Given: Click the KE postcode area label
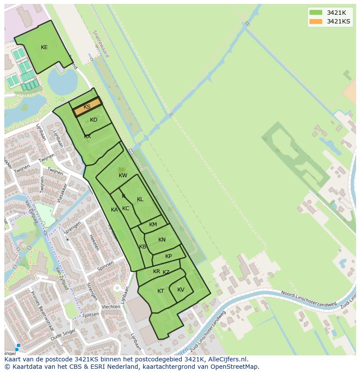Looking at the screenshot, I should coord(44,47).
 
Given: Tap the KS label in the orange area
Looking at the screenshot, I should coord(87,107).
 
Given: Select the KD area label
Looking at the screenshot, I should coord(93,120).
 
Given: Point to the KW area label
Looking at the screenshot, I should coord(123,175).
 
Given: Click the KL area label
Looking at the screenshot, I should coord(140,199).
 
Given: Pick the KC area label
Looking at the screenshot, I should coord(126,209).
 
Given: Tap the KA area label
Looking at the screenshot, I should coord(114,210).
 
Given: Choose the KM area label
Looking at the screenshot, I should coord(153,225).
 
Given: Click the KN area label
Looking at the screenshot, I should coord(162,240).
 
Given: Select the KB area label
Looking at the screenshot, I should coord(143,247).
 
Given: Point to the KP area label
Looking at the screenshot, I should coord(168,256).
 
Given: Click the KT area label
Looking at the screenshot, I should coord(161,291).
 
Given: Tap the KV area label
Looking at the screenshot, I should coord(181,290).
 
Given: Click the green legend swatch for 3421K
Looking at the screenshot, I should coord(316,13).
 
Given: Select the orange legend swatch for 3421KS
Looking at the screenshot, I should coord(316,21).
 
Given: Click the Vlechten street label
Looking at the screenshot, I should coord(110,307).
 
